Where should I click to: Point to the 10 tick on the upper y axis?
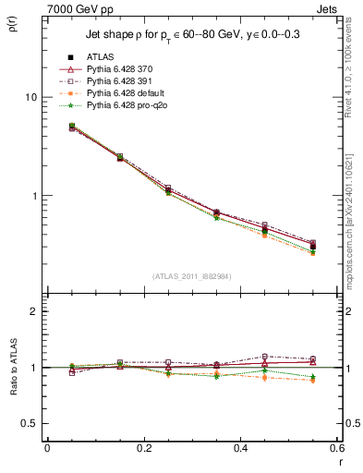[x=31, y=97]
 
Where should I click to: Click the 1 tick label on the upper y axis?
[x=34, y=196]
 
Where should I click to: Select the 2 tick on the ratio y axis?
[x=34, y=311]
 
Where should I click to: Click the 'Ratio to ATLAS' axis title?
[x=12, y=369]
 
